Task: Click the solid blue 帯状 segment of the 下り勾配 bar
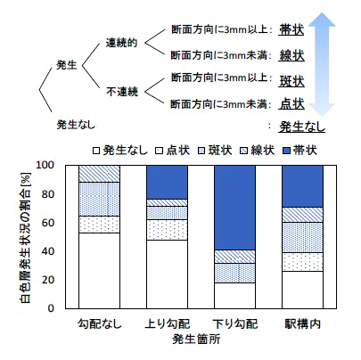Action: [234, 208]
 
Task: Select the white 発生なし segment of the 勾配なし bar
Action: [99, 271]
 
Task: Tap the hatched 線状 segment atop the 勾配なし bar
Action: [99, 174]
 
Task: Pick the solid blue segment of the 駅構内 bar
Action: [302, 186]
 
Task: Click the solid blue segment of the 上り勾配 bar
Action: [167, 182]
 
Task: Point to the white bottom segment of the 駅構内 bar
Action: [302, 290]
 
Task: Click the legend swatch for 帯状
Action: [286, 151]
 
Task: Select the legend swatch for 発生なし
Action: [96, 151]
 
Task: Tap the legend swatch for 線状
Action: [243, 151]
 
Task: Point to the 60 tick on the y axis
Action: [48, 223]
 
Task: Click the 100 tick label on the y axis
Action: [45, 165]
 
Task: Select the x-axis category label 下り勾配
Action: [235, 323]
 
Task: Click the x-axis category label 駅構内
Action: [303, 323]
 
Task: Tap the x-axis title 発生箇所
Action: [196, 339]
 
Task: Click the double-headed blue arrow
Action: [321, 64]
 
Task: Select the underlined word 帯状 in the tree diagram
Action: [291, 29]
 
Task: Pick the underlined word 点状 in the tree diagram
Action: [291, 103]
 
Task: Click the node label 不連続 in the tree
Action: [122, 92]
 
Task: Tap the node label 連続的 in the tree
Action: [121, 43]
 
